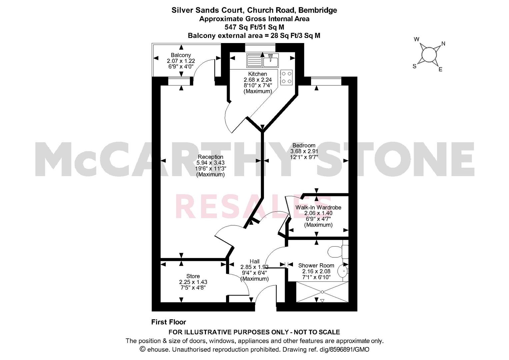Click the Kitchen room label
[x=257, y=74]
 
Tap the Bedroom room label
[x=304, y=145]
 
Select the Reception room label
[x=210, y=157]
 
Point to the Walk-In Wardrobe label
[x=318, y=207]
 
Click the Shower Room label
[x=316, y=265]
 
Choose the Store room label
[x=193, y=276]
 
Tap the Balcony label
[x=181, y=55]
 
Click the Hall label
[x=255, y=261]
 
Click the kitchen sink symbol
[x=262, y=60]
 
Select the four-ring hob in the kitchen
[x=286, y=77]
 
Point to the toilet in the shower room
[x=338, y=252]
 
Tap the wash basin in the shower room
[x=343, y=271]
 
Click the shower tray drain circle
[x=322, y=292]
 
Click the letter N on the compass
[x=443, y=43]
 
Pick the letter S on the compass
[x=414, y=66]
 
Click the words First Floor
[x=169, y=322]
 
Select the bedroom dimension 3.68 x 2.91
[x=304, y=151]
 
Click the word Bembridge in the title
[x=318, y=10]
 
